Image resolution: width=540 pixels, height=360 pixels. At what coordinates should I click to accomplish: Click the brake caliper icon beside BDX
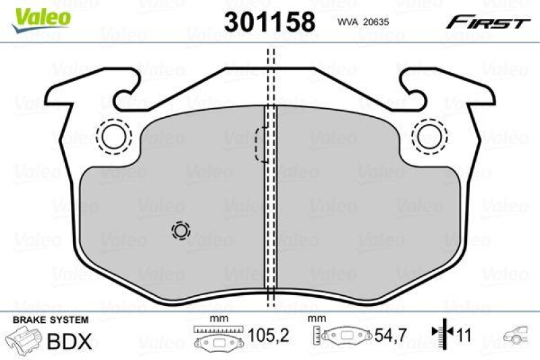pos(24,340)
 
